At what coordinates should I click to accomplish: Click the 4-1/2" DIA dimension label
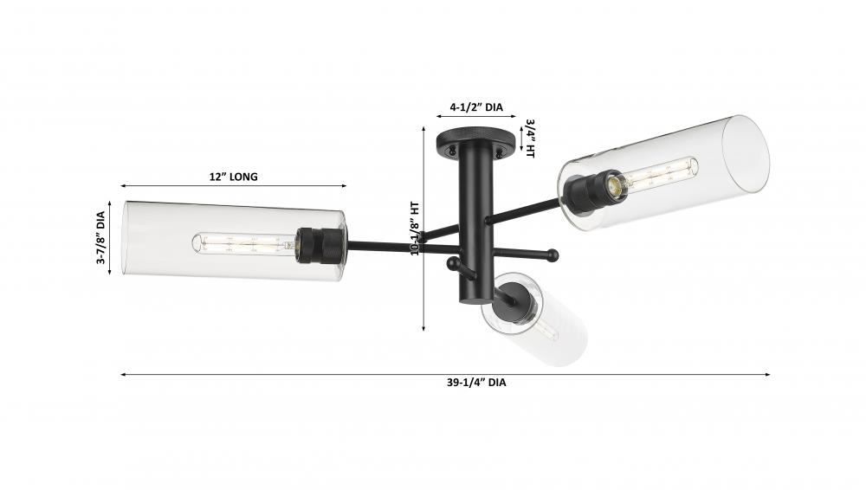476,107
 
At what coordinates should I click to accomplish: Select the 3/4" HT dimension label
530,139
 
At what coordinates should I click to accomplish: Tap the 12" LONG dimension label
233,177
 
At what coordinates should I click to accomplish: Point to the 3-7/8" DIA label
100,237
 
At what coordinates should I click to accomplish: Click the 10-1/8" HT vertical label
416,228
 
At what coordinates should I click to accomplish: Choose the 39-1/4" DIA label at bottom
476,383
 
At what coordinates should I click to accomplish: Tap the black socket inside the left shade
320,246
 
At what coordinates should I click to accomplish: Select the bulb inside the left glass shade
244,243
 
